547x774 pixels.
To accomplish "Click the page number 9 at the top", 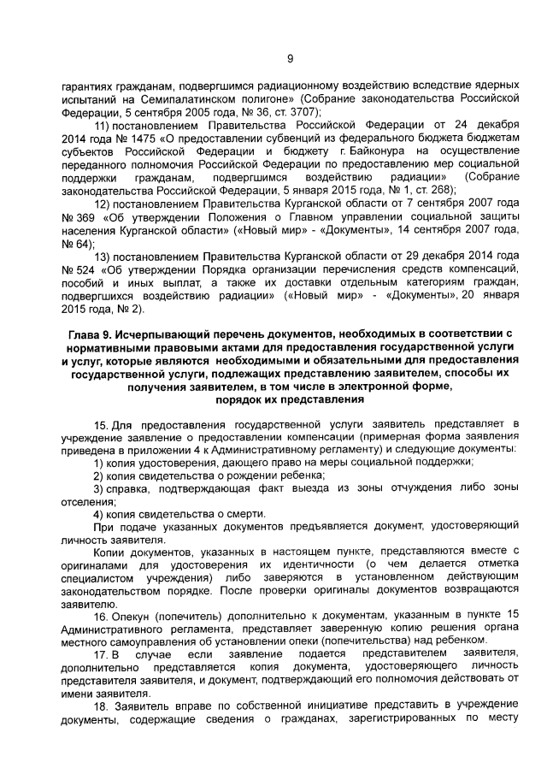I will coord(290,58).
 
